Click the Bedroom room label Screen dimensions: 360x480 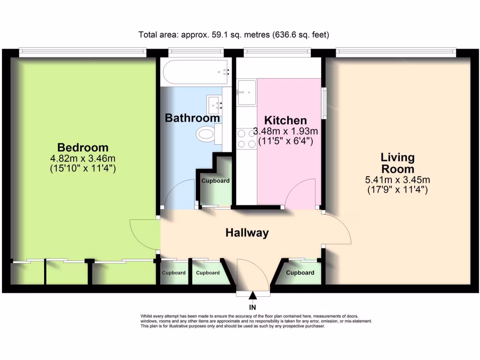coord(82,147)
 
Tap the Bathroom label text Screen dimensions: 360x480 coord(192,118)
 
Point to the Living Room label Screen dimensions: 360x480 coord(397,163)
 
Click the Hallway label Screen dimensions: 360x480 coord(247,232)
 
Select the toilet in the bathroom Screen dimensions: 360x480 coord(206,135)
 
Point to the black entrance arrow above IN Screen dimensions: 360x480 coord(253,295)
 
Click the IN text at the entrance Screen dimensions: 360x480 coord(253,307)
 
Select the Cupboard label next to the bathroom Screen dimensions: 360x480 coord(216,180)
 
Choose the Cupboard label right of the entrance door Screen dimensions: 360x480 coord(300,273)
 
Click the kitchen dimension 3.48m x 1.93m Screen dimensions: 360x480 coord(285,131)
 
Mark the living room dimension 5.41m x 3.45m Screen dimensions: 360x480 coord(397,180)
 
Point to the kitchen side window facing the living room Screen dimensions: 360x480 coord(323,103)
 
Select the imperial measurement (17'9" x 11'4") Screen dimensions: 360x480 coord(397,190)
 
